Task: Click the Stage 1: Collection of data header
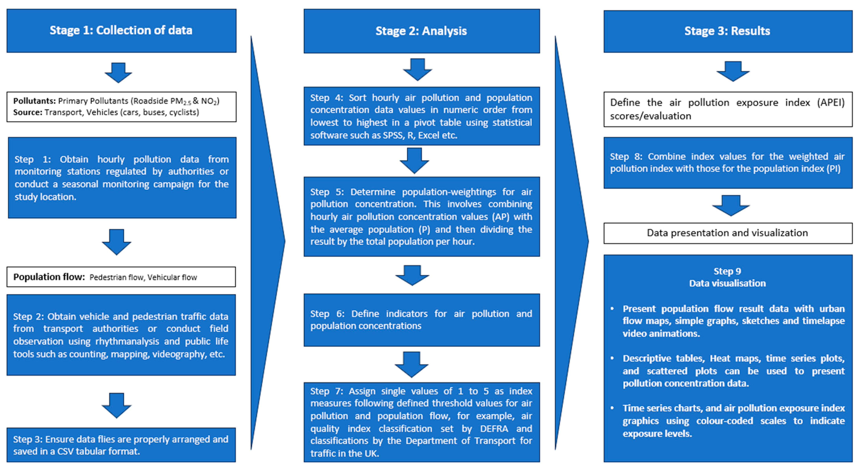tap(121, 30)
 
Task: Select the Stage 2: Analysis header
tap(421, 31)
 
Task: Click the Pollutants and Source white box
tap(121, 107)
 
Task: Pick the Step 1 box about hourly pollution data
tap(122, 178)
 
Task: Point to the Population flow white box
tap(121, 277)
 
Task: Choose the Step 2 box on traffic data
tap(121, 335)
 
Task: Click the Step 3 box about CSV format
tap(121, 445)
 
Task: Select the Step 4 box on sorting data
tap(421, 116)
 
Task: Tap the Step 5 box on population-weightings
tap(421, 216)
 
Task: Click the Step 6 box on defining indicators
tap(421, 320)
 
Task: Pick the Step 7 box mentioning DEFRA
tap(421, 422)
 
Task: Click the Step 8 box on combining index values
tap(727, 163)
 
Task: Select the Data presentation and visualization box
tap(727, 233)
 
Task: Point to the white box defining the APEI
tap(727, 109)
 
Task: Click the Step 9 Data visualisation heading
tap(727, 277)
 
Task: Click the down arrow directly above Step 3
tap(116, 405)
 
